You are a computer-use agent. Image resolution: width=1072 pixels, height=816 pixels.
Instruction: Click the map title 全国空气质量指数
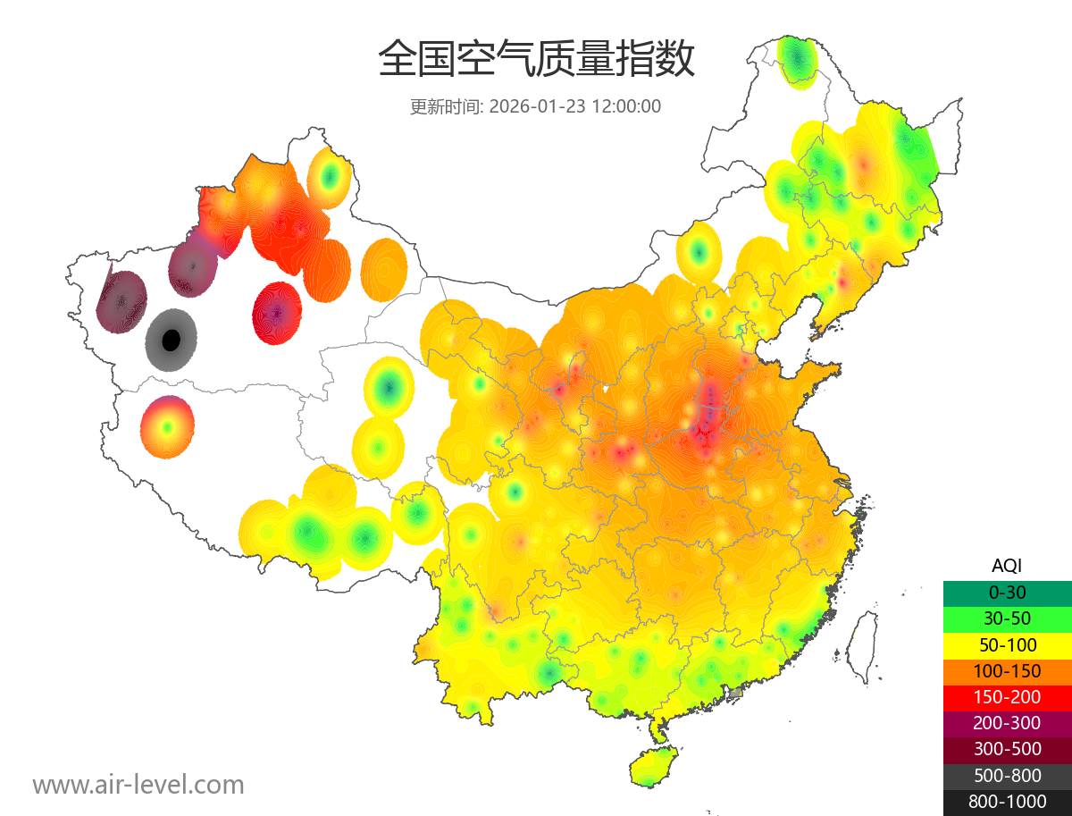(536, 60)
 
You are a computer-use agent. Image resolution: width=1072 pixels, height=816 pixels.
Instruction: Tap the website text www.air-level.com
(138, 785)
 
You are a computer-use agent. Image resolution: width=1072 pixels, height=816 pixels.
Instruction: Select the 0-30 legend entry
(1007, 593)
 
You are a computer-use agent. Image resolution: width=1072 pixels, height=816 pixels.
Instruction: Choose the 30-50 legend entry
(1007, 618)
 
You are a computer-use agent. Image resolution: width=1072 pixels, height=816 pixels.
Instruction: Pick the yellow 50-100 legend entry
(1007, 644)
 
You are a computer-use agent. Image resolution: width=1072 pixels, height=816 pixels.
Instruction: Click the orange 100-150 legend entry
(1007, 671)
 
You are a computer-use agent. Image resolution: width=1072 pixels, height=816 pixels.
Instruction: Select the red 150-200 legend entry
(1007, 697)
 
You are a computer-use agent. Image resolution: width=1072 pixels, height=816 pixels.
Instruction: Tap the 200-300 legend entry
(1007, 723)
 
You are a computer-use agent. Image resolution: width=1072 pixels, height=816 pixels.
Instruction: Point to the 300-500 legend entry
(1007, 749)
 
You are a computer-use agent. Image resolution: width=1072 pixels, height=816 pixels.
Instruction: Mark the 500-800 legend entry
(1007, 776)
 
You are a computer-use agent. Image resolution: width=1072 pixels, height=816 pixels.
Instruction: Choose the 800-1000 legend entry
(1007, 802)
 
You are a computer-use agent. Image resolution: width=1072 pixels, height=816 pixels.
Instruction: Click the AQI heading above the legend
(1007, 566)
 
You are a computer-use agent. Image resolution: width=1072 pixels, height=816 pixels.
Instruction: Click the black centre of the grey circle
(171, 340)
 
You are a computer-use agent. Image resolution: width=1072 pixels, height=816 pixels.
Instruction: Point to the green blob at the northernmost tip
(797, 61)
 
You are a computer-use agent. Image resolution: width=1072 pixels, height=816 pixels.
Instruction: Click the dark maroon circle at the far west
(121, 300)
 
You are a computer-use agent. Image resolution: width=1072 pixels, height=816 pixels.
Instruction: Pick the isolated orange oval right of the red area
(385, 268)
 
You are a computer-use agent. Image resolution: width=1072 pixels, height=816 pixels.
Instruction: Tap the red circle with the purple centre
(278, 313)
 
